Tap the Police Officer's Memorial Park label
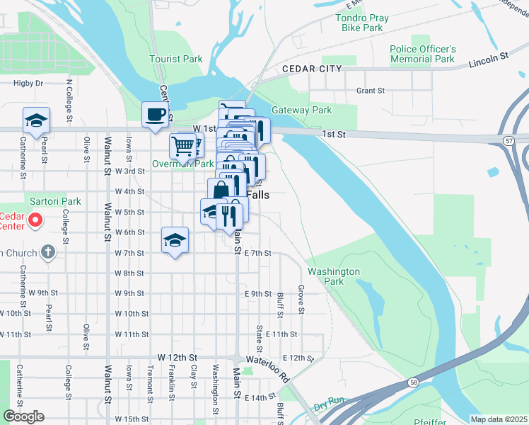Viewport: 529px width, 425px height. [x=422, y=54]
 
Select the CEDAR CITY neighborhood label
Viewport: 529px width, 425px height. [x=311, y=69]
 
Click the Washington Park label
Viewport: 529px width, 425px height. [x=334, y=276]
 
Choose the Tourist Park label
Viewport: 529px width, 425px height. [x=176, y=59]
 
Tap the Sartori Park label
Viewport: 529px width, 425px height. [x=55, y=201]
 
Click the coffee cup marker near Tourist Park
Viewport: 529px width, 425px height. [x=155, y=114]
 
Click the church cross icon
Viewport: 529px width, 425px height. [x=47, y=251]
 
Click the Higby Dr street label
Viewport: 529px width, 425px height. [x=28, y=83]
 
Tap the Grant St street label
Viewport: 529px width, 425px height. [x=370, y=91]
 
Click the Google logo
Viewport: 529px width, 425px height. [x=23, y=416]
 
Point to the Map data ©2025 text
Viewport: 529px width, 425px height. [x=498, y=419]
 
